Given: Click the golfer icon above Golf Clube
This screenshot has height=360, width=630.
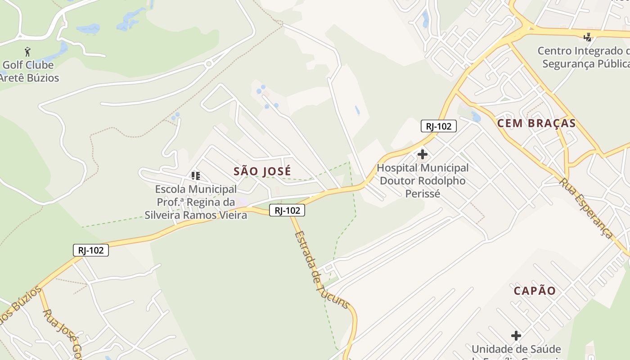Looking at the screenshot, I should (x=27, y=51).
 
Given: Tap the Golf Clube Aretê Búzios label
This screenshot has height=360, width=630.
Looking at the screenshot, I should (x=29, y=71).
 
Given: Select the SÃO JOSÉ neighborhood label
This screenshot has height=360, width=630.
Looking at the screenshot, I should (x=262, y=171).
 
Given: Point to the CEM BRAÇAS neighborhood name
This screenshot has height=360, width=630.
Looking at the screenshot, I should (x=536, y=123).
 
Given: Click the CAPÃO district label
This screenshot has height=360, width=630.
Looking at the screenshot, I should (x=535, y=291).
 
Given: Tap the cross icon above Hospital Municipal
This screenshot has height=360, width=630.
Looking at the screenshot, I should (x=422, y=155).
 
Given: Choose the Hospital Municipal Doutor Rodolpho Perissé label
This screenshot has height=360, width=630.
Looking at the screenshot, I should (x=423, y=180).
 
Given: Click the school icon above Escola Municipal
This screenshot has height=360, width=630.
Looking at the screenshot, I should (x=195, y=175).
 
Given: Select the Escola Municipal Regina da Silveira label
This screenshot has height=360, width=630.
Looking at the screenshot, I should (x=196, y=202).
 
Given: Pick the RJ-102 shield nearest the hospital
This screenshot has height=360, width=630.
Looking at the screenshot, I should (x=438, y=126).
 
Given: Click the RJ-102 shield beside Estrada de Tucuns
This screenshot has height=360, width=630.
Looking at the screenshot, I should (x=287, y=210).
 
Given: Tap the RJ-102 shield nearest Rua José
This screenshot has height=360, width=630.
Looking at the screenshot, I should (x=91, y=250).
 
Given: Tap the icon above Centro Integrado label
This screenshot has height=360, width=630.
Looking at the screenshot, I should (x=588, y=37).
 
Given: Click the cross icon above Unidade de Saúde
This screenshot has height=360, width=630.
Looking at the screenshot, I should (x=516, y=336).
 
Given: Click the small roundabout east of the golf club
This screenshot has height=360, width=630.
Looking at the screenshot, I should (x=208, y=64).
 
